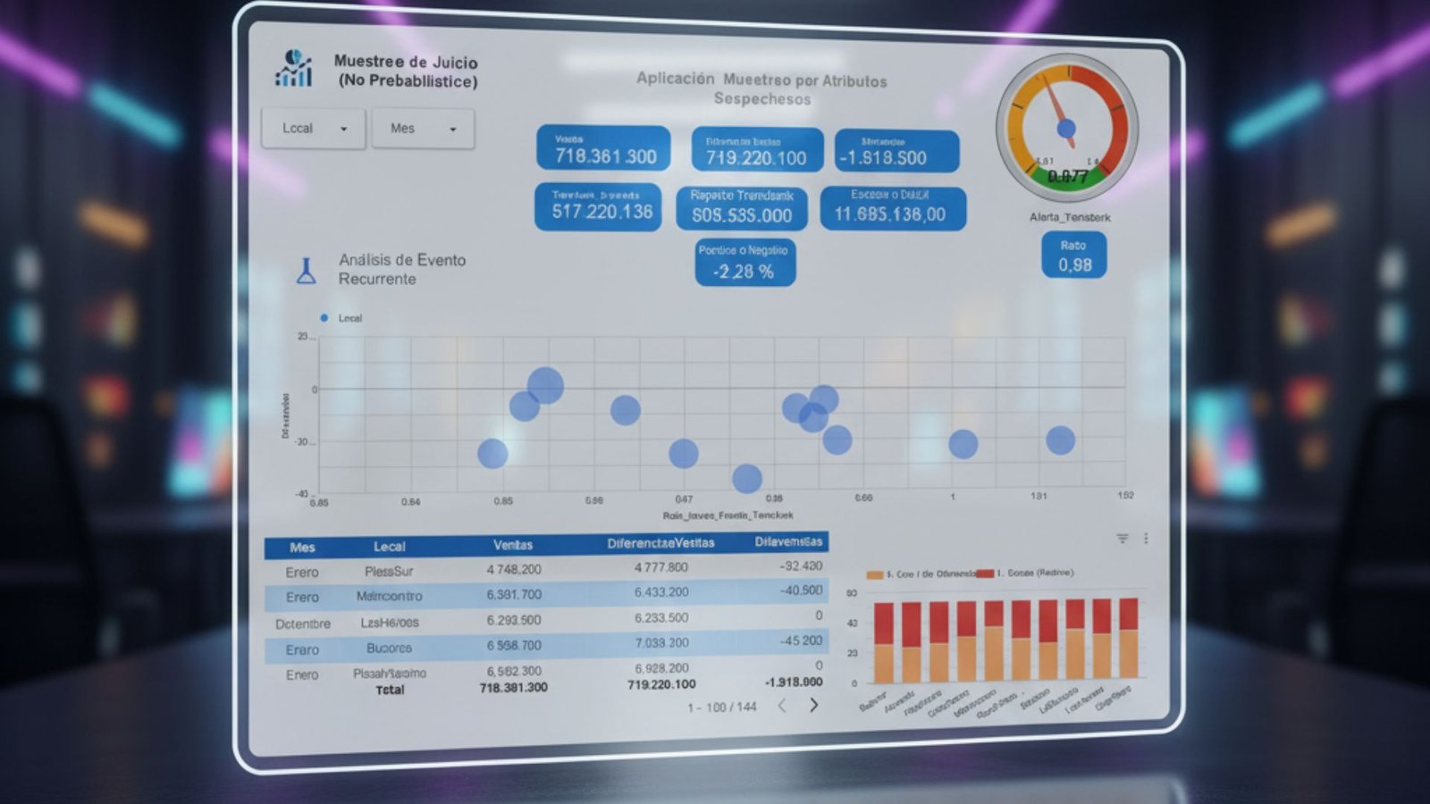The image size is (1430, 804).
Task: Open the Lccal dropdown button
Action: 313,129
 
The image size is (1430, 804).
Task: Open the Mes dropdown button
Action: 422,129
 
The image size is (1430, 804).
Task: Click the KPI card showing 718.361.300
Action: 603,148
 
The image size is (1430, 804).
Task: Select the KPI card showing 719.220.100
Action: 756,150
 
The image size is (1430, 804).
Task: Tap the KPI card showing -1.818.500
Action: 896,151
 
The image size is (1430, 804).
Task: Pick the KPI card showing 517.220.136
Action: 598,207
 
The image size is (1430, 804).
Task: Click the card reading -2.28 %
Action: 744,263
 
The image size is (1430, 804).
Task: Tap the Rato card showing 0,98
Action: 1074,255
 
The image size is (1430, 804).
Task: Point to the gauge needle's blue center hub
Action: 1066,130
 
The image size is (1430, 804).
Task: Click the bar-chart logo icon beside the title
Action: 294,69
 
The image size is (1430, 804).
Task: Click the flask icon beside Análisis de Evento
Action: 307,271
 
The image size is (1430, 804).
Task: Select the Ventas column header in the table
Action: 513,545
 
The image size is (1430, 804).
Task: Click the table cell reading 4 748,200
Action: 514,569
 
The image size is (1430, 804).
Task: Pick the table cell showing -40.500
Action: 801,590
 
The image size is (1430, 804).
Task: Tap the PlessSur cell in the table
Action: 389,571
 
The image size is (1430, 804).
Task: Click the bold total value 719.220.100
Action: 661,684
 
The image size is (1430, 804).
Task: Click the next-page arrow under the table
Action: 813,705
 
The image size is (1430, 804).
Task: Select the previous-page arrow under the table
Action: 782,706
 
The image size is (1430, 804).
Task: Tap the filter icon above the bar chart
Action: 1123,539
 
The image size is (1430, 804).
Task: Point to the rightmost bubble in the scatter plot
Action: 1060,440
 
